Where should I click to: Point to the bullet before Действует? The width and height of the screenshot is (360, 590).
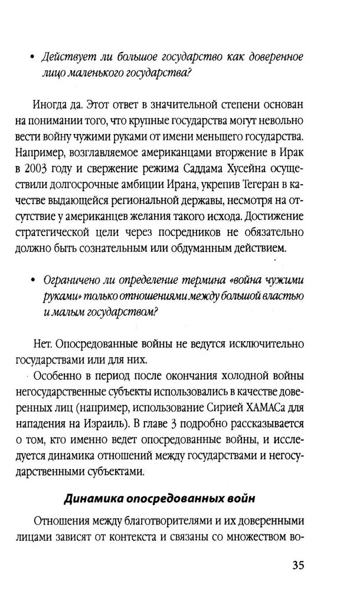click(x=32, y=58)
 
